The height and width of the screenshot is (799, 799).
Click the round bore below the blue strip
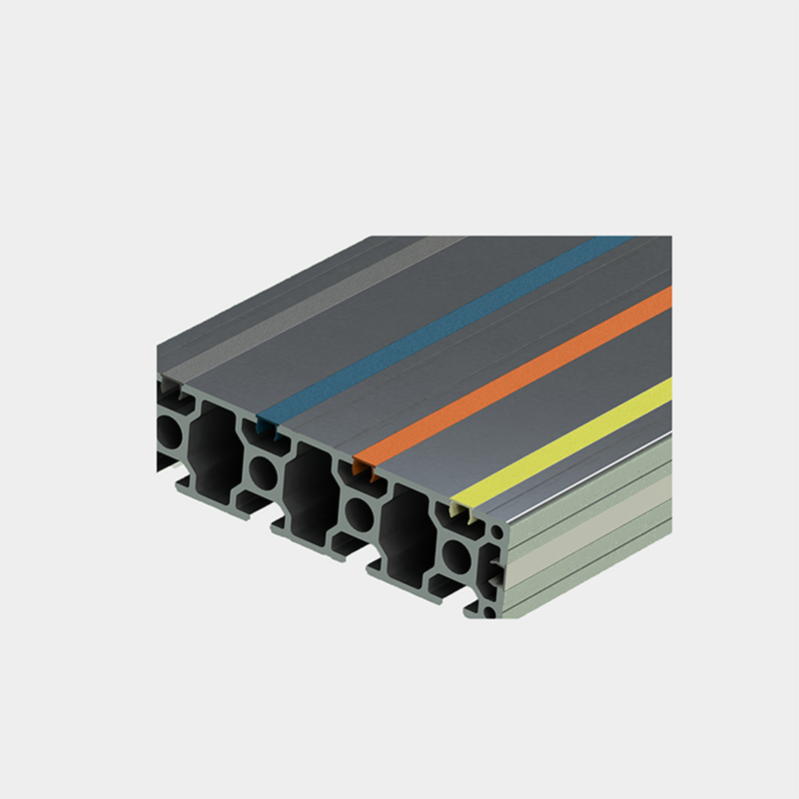click(x=263, y=471)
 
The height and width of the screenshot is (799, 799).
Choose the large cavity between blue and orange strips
click(x=309, y=489)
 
